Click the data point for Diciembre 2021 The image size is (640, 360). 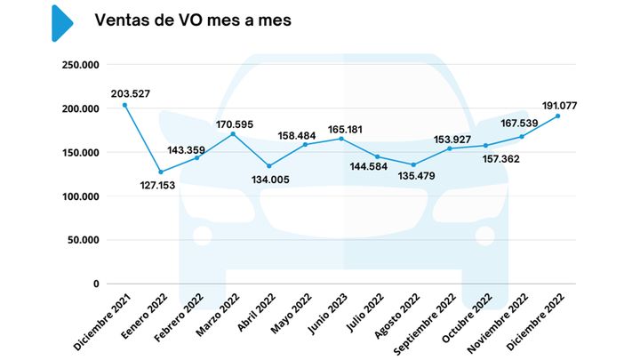click(x=124, y=105)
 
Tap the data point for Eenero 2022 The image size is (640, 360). click(x=161, y=172)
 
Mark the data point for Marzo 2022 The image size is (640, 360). click(x=233, y=134)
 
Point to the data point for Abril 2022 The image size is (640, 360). click(x=268, y=166)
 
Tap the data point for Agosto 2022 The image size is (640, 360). click(x=413, y=164)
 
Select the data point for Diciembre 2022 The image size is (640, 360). click(x=557, y=116)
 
